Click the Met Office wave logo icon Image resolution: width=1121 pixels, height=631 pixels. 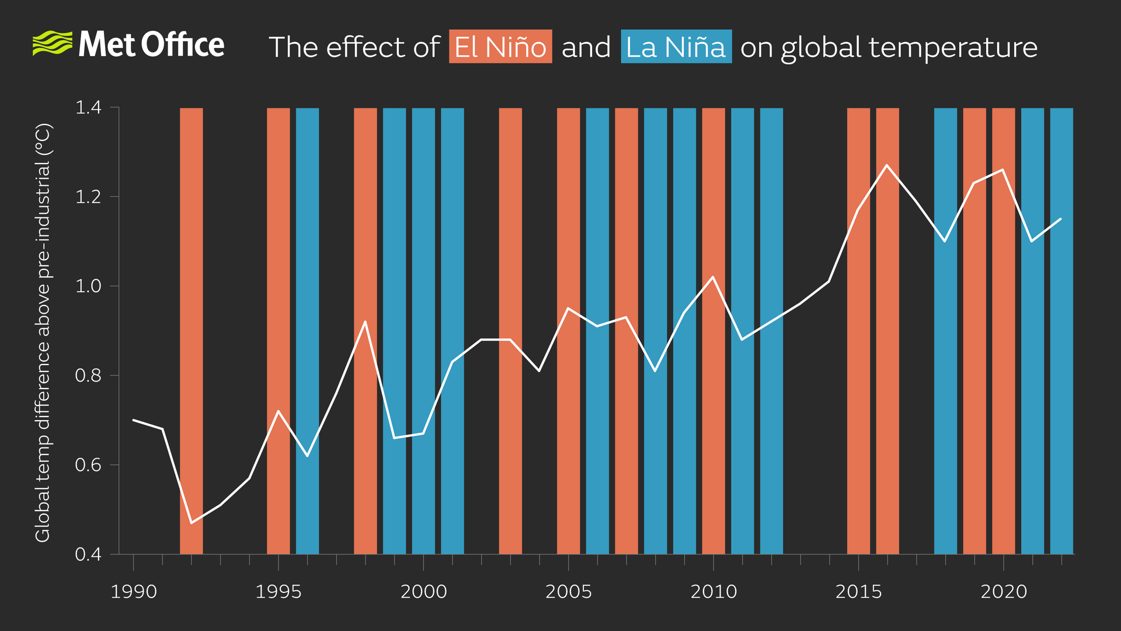click(52, 44)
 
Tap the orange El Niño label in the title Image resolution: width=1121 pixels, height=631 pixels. click(500, 47)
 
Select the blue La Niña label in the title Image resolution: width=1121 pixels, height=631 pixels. click(676, 47)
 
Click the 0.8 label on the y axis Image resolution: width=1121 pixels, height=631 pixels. click(88, 376)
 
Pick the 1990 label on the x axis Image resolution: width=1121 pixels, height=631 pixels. click(134, 592)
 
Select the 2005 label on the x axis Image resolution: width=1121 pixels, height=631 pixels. click(568, 592)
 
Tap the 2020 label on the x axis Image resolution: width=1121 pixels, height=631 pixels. click(1003, 592)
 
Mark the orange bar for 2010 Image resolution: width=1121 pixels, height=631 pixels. click(713, 409)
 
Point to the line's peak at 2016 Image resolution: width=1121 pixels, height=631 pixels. click(887, 165)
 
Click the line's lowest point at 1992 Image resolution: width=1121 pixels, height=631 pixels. click(192, 522)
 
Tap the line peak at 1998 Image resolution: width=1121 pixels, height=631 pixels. click(365, 321)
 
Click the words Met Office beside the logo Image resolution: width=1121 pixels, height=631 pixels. click(151, 45)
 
